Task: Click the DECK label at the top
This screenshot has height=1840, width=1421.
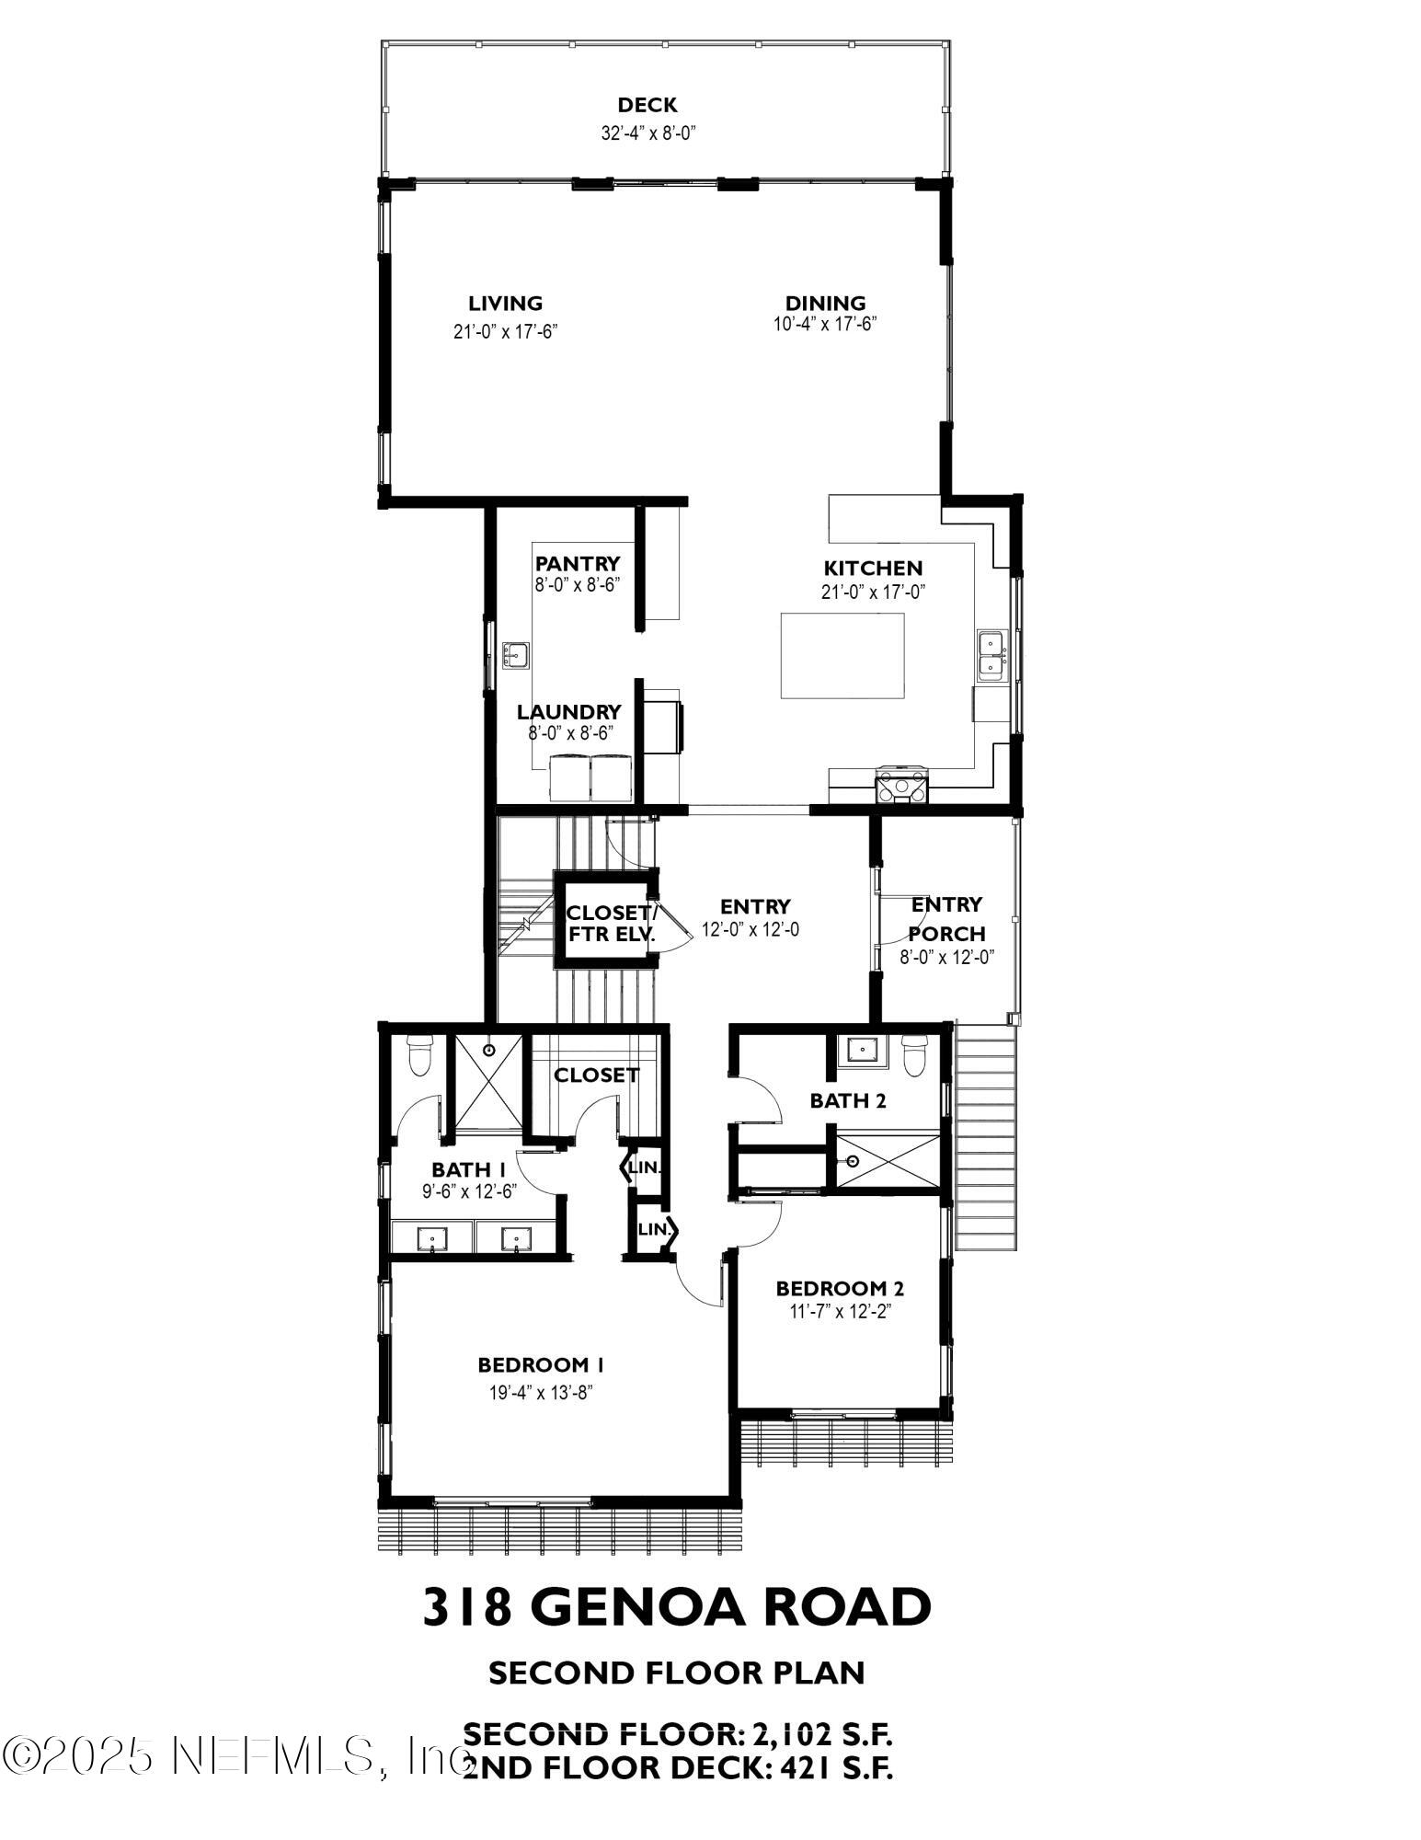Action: pyautogui.click(x=647, y=105)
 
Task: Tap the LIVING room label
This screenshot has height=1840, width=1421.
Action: pyautogui.click(x=505, y=303)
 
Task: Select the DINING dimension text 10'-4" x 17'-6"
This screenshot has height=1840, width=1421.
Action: pyautogui.click(x=825, y=324)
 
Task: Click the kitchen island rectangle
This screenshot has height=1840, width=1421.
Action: pyautogui.click(x=842, y=656)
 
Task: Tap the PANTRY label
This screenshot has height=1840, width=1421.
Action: pyautogui.click(x=578, y=563)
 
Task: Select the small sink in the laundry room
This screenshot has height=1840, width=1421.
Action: pyautogui.click(x=515, y=654)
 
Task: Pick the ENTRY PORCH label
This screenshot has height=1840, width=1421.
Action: pyautogui.click(x=947, y=918)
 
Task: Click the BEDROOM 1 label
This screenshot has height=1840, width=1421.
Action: pyautogui.click(x=540, y=1364)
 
